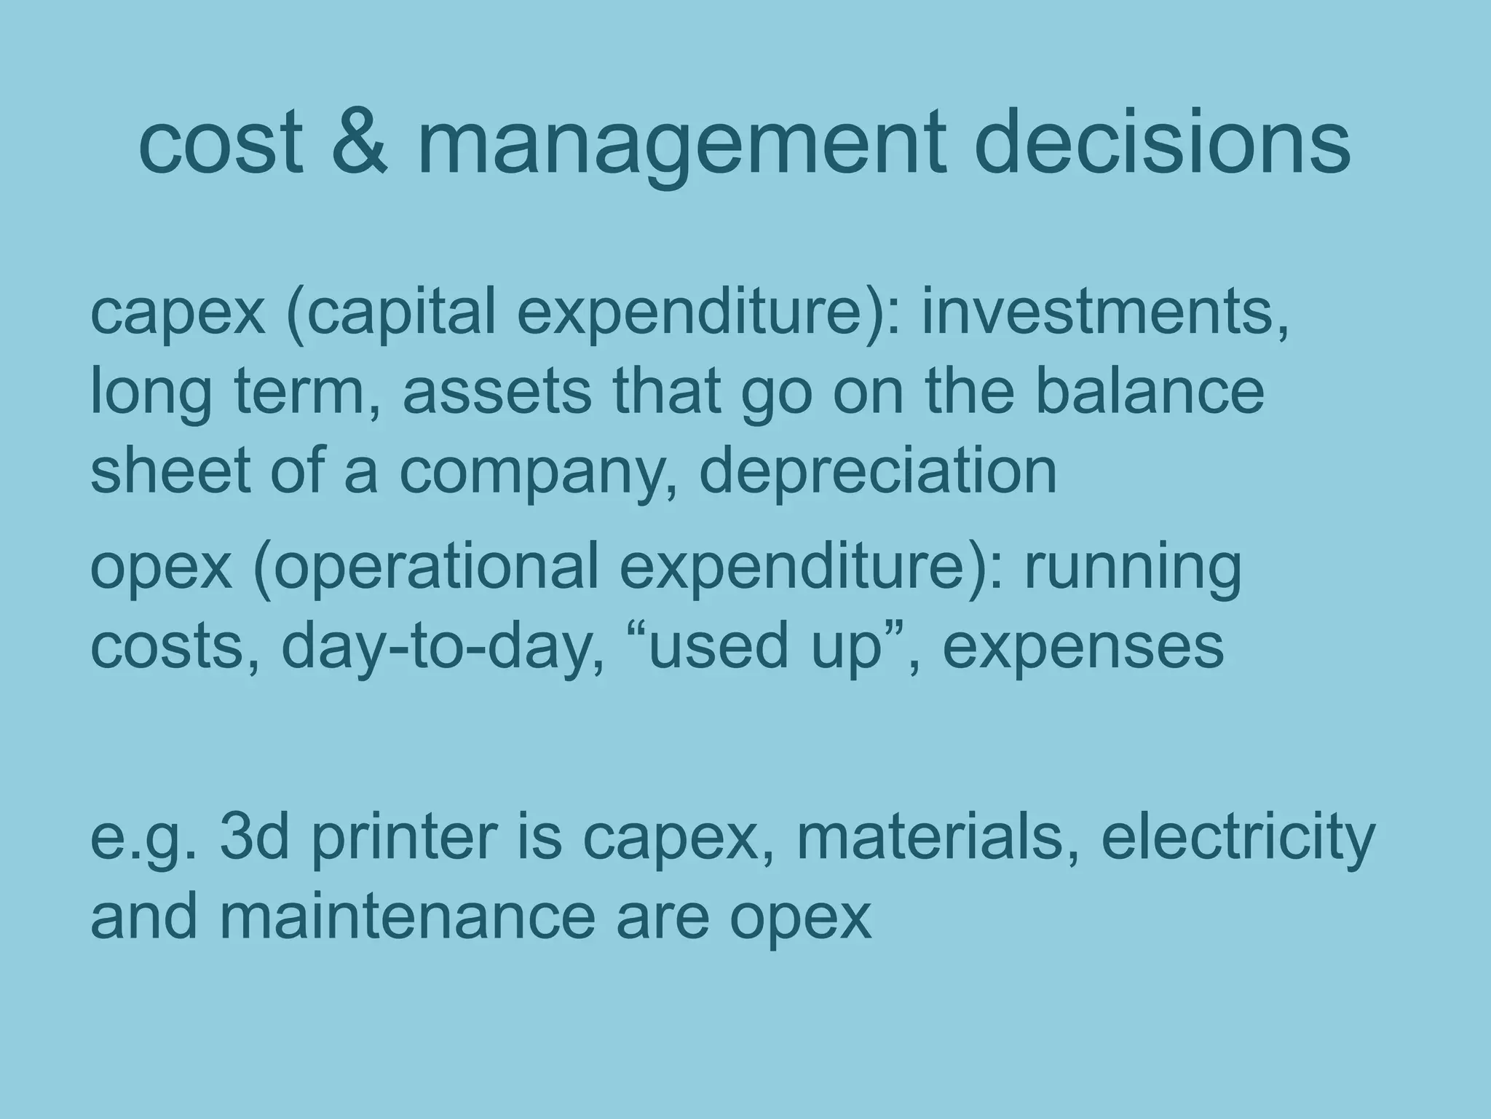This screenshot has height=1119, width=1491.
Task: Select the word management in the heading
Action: click(682, 146)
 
